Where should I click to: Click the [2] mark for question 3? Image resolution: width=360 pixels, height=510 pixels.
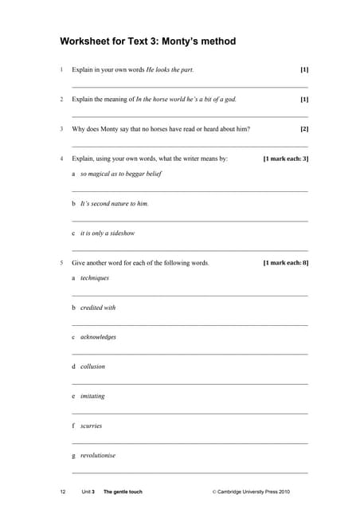[303, 129]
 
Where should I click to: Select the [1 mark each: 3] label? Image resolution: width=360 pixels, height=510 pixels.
[285, 159]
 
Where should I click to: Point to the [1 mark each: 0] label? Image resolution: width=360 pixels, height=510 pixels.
[285, 263]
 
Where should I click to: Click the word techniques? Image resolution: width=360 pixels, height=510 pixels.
[95, 278]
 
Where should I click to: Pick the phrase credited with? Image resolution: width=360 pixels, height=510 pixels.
[98, 308]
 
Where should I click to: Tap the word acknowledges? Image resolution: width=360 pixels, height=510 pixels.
[98, 337]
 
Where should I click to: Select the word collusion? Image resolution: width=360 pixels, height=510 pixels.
[92, 367]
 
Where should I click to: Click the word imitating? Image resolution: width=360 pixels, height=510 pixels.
[92, 396]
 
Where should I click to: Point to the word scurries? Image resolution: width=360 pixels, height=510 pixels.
[91, 426]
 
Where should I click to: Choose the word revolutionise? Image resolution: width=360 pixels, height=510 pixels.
[98, 455]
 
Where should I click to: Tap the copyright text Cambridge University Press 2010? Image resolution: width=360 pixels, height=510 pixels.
[254, 492]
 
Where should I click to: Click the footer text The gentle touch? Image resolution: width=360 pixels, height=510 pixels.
[123, 492]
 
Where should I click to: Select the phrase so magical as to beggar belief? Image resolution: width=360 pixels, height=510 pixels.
[120, 174]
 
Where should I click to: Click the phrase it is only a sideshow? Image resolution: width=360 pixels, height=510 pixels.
[108, 233]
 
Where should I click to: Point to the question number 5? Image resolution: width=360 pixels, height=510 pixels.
[61, 263]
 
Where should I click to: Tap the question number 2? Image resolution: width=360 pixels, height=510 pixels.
[61, 100]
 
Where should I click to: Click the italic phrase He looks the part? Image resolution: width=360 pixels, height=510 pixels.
[170, 70]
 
